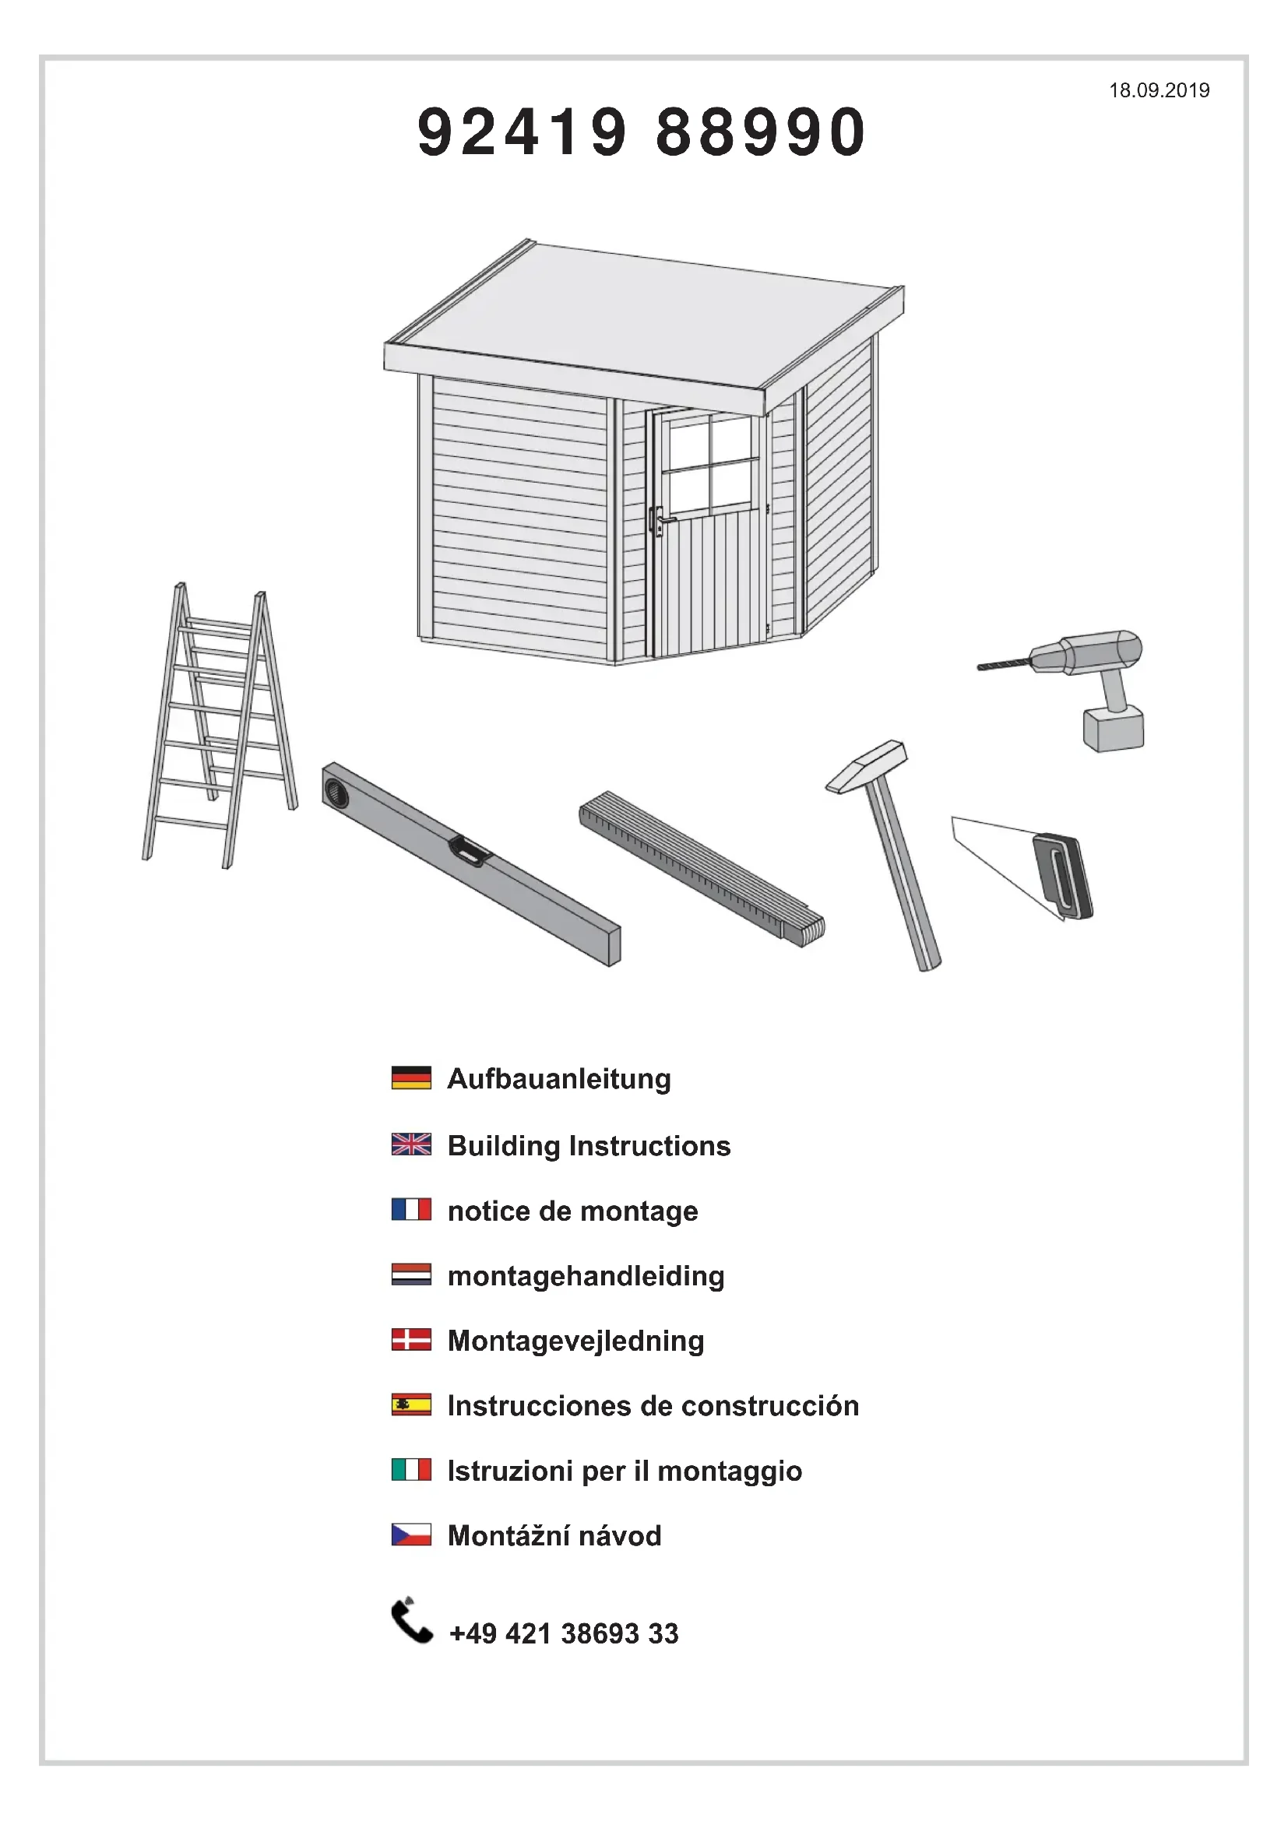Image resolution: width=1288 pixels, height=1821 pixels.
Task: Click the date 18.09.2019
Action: coord(1159,90)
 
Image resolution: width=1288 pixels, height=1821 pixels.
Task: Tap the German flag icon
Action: coord(412,1077)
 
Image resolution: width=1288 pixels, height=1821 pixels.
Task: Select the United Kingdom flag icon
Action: coord(412,1144)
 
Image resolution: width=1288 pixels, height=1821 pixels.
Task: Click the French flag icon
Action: coord(412,1210)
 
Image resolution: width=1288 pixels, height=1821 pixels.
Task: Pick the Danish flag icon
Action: coord(412,1340)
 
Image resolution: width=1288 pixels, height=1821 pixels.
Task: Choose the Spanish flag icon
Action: coord(412,1404)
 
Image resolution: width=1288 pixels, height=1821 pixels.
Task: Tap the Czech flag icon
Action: coord(412,1534)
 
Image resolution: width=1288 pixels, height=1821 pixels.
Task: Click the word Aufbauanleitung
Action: coord(559,1079)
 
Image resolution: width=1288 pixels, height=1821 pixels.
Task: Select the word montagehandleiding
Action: coord(586,1276)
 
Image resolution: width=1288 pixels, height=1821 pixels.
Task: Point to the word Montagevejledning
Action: coord(575,1341)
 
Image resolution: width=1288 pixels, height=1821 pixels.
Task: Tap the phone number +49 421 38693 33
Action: coord(564,1634)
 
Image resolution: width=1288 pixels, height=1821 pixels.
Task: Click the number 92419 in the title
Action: coord(523,132)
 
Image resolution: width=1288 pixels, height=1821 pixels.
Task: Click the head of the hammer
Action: coord(866,765)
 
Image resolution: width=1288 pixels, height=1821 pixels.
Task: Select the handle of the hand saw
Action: coord(1063,877)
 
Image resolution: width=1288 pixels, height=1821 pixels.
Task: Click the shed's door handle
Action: coord(659,520)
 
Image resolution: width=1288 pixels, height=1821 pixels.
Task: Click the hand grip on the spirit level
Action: coord(470,850)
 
